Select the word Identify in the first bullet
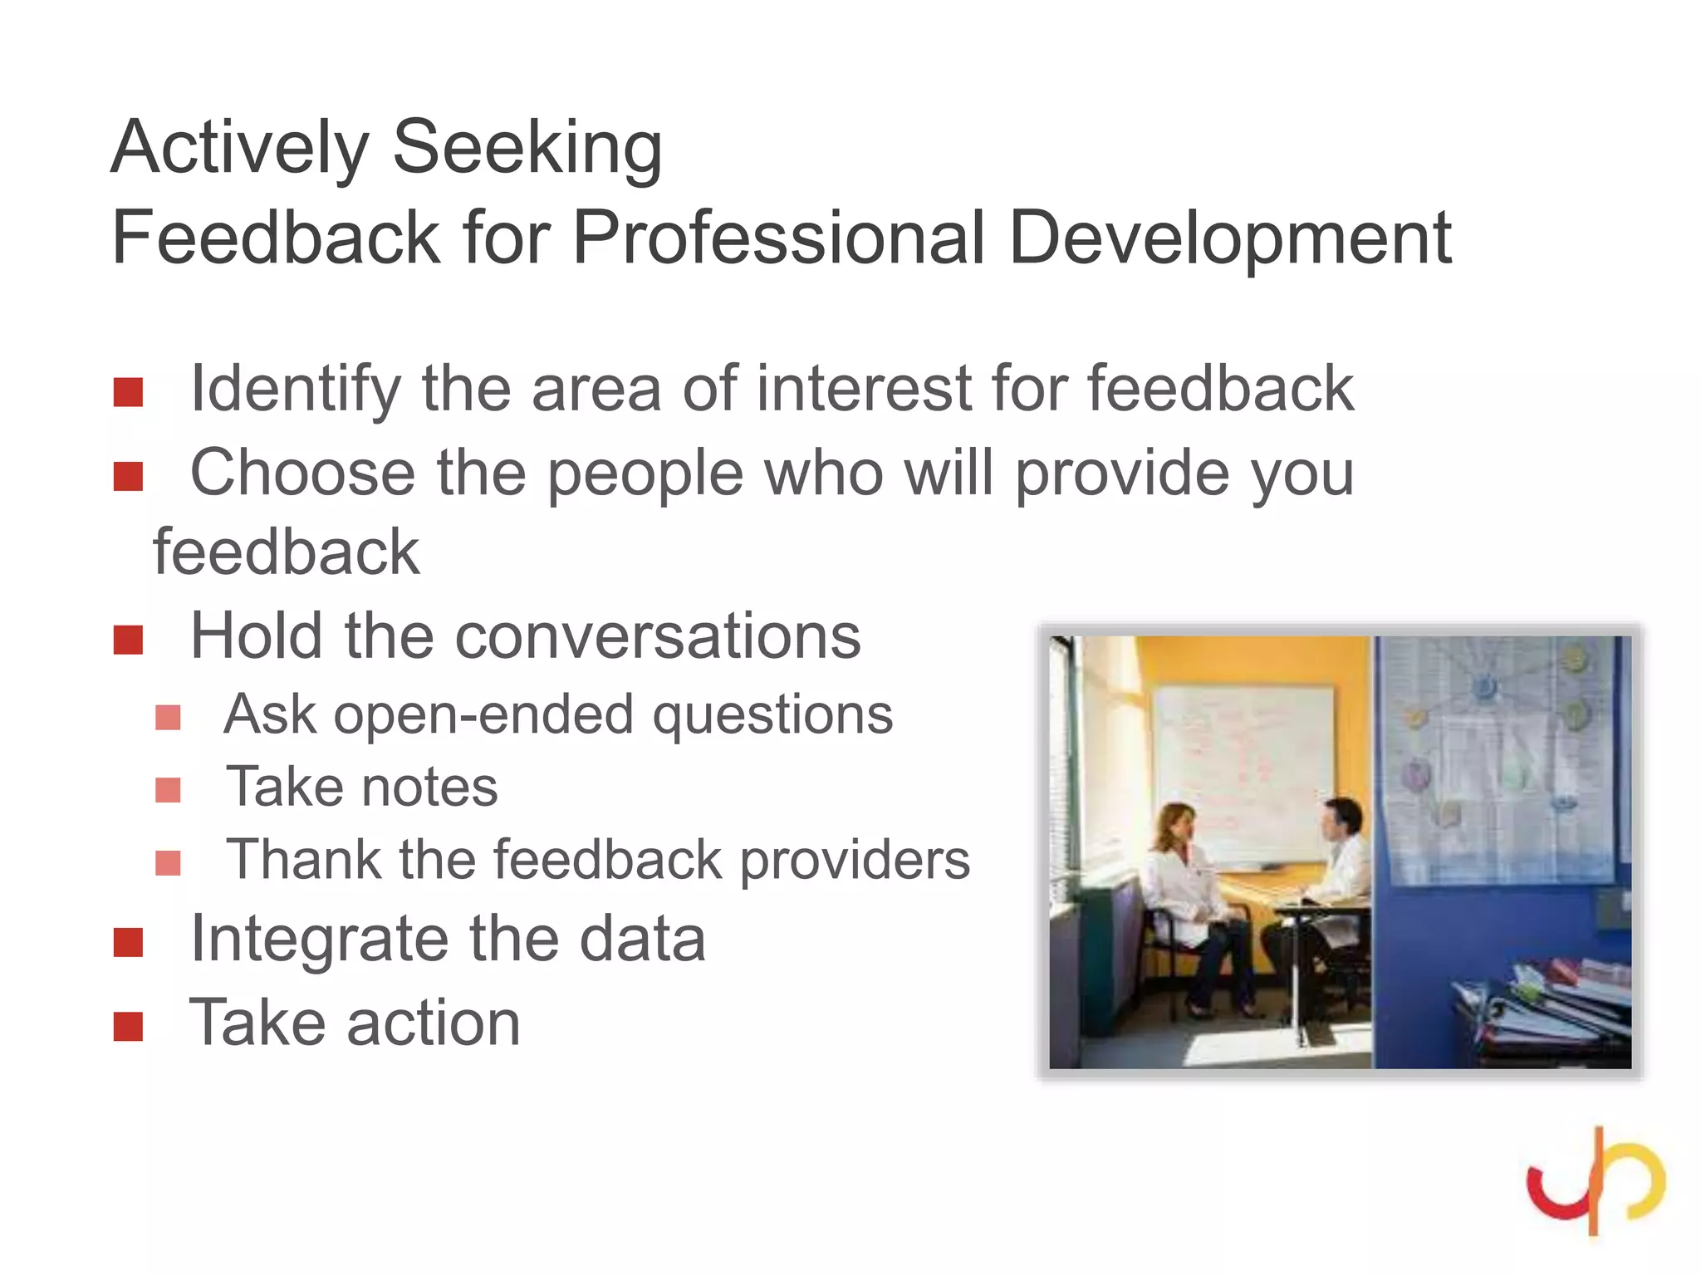point(295,389)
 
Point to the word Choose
point(303,473)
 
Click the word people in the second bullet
point(645,474)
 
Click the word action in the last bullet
point(434,1023)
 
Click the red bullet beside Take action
point(129,1027)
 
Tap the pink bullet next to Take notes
point(168,790)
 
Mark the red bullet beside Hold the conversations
point(129,640)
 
